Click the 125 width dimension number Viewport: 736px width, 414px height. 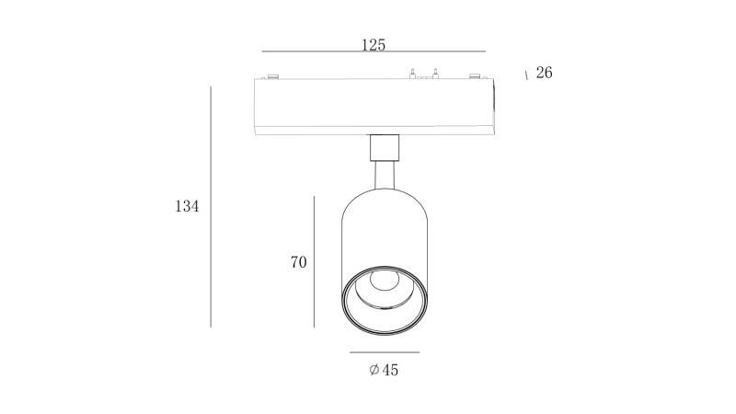pos(374,44)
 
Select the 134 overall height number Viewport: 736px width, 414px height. pos(187,206)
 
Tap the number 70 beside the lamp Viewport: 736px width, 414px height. pos(298,262)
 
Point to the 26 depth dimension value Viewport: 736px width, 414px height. pos(544,73)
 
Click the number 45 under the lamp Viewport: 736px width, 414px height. pos(389,370)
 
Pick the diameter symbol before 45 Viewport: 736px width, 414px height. pos(374,370)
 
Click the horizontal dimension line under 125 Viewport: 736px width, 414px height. pos(374,52)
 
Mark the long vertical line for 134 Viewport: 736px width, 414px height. pos(211,206)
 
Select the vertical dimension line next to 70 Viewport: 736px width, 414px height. pos(314,262)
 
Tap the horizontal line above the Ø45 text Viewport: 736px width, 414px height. pos(385,352)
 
